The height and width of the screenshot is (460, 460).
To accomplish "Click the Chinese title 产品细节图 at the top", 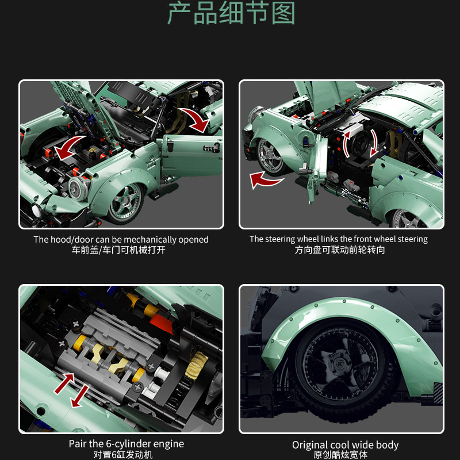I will tap(231, 14).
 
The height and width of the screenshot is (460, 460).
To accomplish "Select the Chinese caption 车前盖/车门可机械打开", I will tap(121, 251).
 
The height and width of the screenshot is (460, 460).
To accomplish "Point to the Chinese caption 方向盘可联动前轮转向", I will tap(339, 251).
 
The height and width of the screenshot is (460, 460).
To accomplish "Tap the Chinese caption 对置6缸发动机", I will tap(121, 455).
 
